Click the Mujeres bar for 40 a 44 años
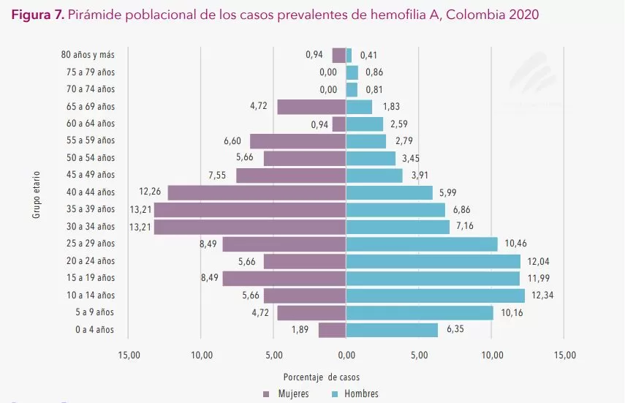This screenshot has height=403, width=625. (x=257, y=192)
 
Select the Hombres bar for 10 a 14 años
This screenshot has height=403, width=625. (x=435, y=295)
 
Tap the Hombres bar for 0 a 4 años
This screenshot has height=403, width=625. (x=392, y=330)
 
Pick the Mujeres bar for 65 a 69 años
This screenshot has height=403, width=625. (x=311, y=107)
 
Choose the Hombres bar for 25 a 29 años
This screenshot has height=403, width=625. (x=421, y=244)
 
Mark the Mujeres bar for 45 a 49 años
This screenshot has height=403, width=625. (x=291, y=176)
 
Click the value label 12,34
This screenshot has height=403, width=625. (x=543, y=295)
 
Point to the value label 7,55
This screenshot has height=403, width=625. (x=218, y=176)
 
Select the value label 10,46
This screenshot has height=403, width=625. (x=515, y=244)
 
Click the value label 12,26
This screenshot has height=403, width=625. (x=149, y=192)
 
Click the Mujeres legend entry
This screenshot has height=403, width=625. (x=286, y=394)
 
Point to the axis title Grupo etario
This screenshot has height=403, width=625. (x=36, y=194)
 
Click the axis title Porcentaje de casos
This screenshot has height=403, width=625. (x=321, y=377)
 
